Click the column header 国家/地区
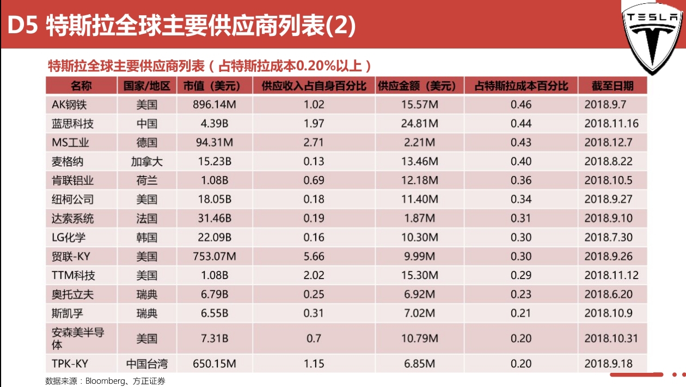[x=146, y=86]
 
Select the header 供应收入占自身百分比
[x=314, y=86]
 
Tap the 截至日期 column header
[x=612, y=86]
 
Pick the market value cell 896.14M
[x=215, y=105]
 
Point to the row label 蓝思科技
[x=72, y=124]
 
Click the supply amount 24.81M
[x=419, y=124]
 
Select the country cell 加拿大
[x=146, y=162]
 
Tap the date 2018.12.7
[x=608, y=143]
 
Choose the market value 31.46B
[x=215, y=219]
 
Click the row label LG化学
[x=69, y=238]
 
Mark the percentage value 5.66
[x=314, y=257]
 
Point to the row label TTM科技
[x=73, y=276]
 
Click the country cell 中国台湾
[x=146, y=364]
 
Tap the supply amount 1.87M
[x=419, y=219]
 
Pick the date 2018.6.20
[x=608, y=294]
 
